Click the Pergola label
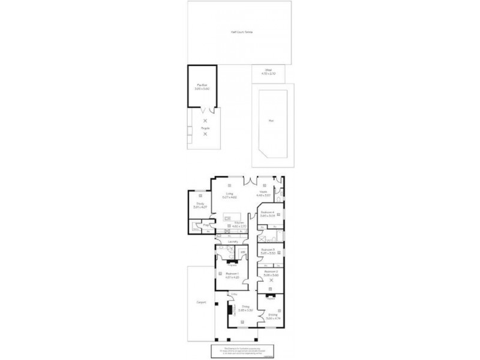[205, 128]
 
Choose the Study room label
[199, 205]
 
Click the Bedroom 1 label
[232, 274]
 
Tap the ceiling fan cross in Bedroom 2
[271, 280]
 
